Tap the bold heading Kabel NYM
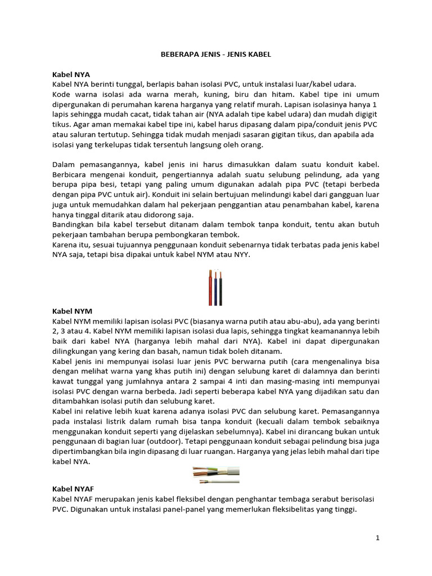click(72, 310)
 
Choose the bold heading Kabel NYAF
click(74, 489)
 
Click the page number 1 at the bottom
click(377, 538)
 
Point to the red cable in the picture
click(210, 287)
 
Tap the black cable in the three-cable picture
click(220, 287)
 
